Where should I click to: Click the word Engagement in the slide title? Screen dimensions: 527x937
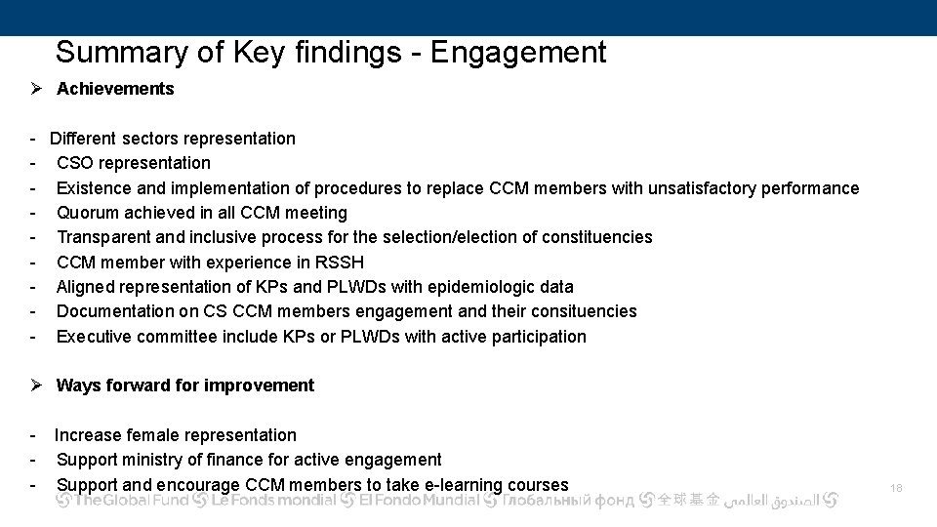[518, 52]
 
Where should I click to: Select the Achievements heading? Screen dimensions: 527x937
[115, 89]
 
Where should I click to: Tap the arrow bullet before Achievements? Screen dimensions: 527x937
[36, 89]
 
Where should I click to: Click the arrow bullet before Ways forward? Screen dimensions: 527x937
[36, 385]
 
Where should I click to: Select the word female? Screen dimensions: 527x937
[150, 435]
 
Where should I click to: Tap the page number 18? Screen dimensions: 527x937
[897, 486]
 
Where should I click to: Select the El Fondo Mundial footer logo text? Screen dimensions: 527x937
[420, 501]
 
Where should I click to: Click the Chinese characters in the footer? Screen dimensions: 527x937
[688, 501]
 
